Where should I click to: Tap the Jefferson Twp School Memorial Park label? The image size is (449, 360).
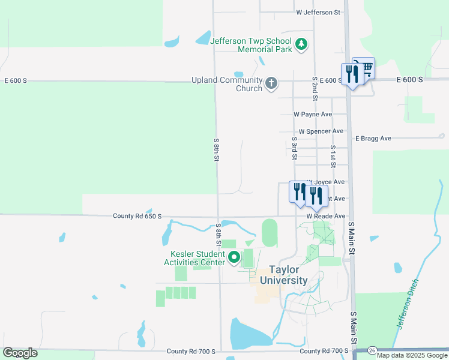[250, 45]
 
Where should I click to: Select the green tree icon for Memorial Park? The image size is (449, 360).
[301, 44]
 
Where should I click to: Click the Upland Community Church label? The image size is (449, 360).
[227, 84]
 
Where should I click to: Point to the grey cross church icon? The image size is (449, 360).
[271, 83]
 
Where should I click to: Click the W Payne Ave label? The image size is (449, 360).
[313, 114]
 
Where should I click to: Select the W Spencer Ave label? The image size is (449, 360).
[321, 131]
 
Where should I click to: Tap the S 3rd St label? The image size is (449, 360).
[295, 148]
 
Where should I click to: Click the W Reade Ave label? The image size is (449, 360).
[326, 216]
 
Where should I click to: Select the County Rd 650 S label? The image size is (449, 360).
[137, 216]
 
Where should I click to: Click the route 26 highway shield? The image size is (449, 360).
[372, 350]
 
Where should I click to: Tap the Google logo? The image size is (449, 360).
[20, 353]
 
